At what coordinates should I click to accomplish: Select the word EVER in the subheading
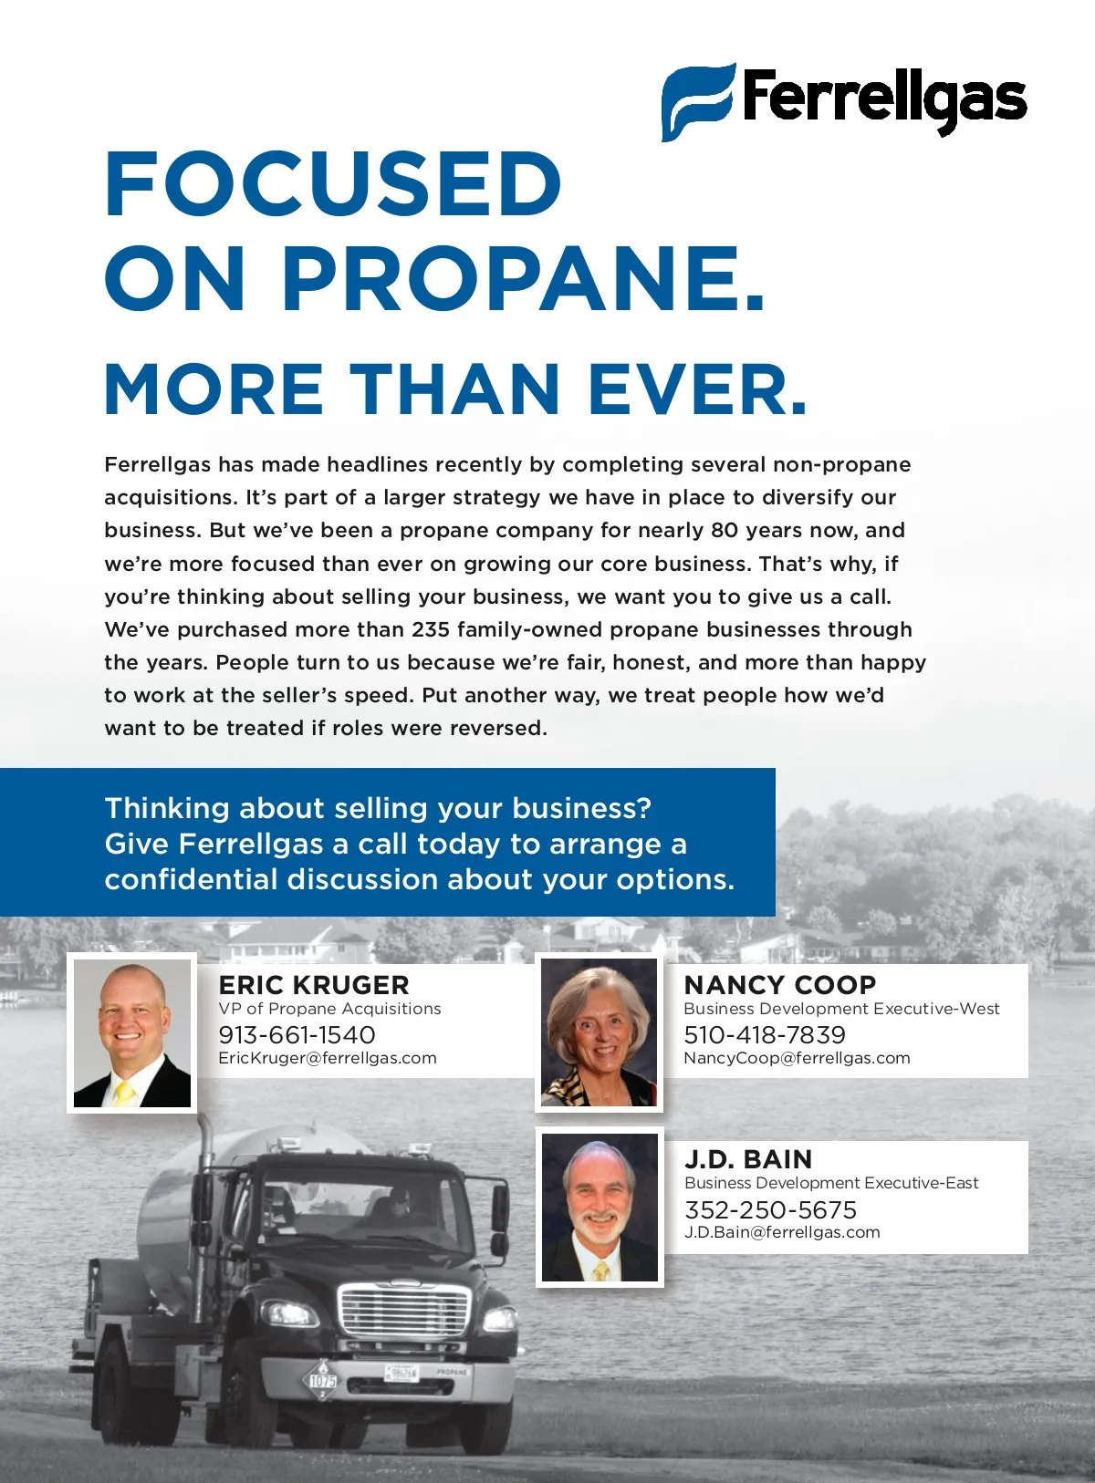pyautogui.click(x=697, y=389)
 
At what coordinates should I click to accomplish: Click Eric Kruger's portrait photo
pyautogui.click(x=132, y=1032)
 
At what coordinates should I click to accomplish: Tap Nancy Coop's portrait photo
pyautogui.click(x=600, y=1032)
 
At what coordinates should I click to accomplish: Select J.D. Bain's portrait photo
pyautogui.click(x=600, y=1208)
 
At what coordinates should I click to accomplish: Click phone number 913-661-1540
pyautogui.click(x=297, y=1035)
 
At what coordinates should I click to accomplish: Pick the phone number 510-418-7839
pyautogui.click(x=765, y=1035)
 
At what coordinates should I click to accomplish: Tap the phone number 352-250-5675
pyautogui.click(x=771, y=1210)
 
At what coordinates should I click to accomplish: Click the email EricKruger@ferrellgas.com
pyautogui.click(x=328, y=1058)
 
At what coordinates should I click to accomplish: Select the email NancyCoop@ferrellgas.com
pyautogui.click(x=797, y=1058)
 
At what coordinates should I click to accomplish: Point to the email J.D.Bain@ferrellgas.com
pyautogui.click(x=782, y=1232)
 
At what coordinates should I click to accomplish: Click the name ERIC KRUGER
pyautogui.click(x=314, y=985)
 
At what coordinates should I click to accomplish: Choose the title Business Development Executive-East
pyautogui.click(x=831, y=1183)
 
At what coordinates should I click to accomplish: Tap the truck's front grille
pyautogui.click(x=402, y=1312)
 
